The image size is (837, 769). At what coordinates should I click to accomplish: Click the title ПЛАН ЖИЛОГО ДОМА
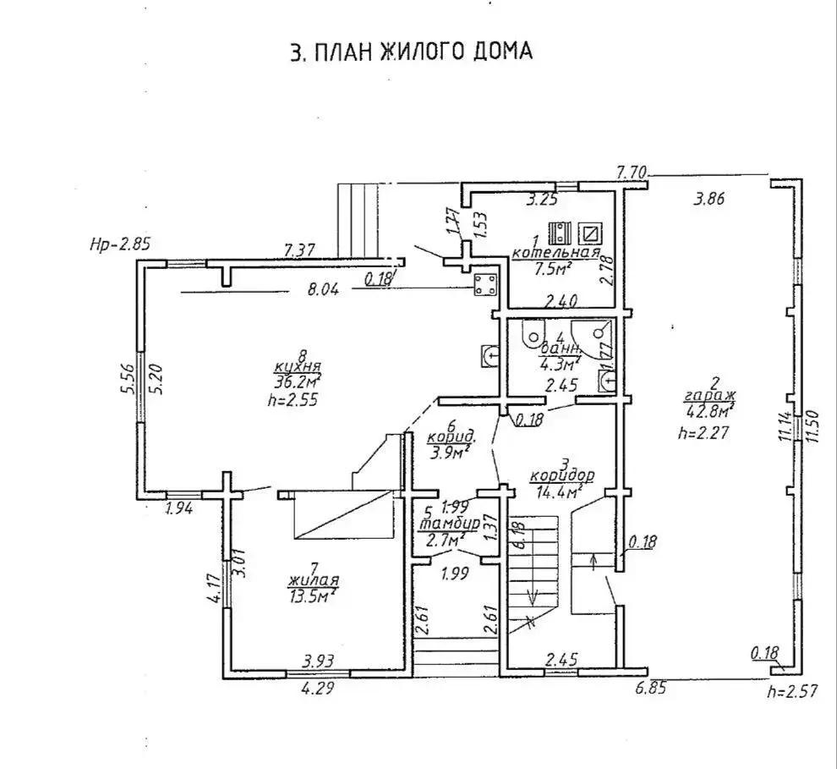coord(411,52)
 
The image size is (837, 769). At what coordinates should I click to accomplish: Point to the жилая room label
coord(314,581)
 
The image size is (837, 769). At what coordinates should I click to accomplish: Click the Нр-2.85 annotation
coord(119,245)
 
